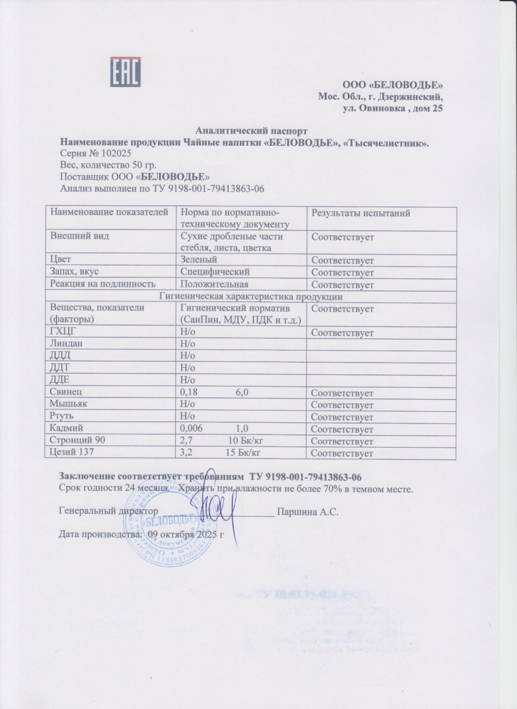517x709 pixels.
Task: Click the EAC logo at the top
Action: click(125, 72)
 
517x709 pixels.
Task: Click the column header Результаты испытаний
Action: click(361, 213)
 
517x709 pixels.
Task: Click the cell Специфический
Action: click(215, 272)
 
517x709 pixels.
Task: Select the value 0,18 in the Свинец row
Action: click(190, 393)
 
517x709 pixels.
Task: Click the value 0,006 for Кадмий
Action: click(193, 429)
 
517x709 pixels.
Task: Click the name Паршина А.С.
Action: click(307, 512)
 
